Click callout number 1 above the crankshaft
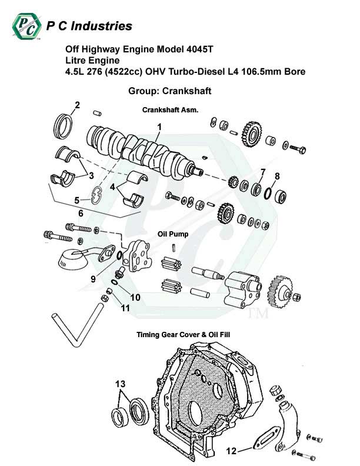(x=159, y=127)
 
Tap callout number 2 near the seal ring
(x=76, y=106)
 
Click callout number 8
(x=277, y=175)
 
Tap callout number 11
(x=125, y=308)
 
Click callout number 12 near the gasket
(x=231, y=451)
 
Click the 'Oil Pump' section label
(x=173, y=234)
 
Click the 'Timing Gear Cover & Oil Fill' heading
(x=183, y=335)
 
